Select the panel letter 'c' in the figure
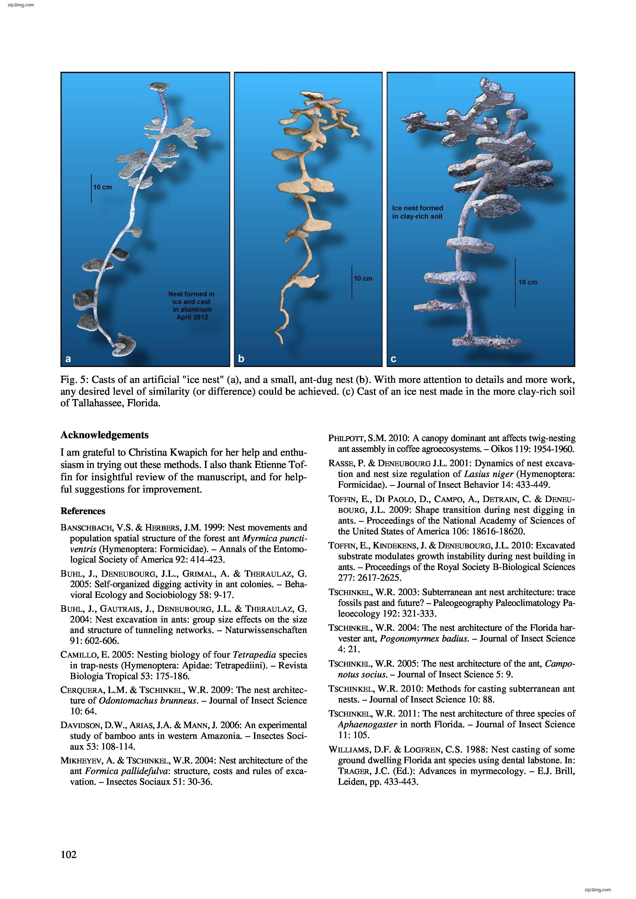tap(393, 359)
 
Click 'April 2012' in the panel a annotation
tap(192, 317)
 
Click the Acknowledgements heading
tap(105, 435)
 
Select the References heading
tap(83, 511)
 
